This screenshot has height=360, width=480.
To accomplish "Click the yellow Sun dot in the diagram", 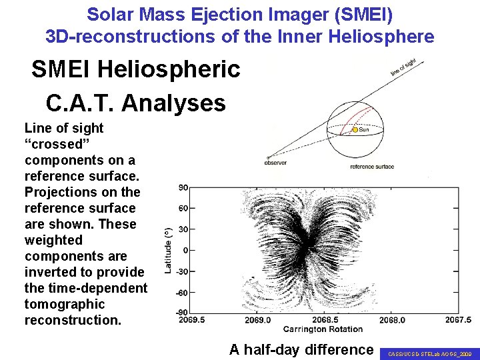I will (x=355, y=130).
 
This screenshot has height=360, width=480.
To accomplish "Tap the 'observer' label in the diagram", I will (x=275, y=162).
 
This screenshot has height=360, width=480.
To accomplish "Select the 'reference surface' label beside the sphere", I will (x=371, y=167).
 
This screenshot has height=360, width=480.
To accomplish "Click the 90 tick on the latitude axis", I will (x=183, y=188).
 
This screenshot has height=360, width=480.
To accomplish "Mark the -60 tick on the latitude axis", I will (x=181, y=292).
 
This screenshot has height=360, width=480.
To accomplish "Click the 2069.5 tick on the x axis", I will (x=191, y=320).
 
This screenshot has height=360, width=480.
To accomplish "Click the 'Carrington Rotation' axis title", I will (x=323, y=329).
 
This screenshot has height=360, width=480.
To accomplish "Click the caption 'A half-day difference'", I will (x=301, y=349).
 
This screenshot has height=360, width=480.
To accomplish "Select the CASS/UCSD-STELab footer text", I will (x=429, y=354).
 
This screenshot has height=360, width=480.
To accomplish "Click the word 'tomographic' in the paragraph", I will (x=65, y=304).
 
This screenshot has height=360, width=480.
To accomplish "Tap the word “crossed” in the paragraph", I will (x=53, y=144).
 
